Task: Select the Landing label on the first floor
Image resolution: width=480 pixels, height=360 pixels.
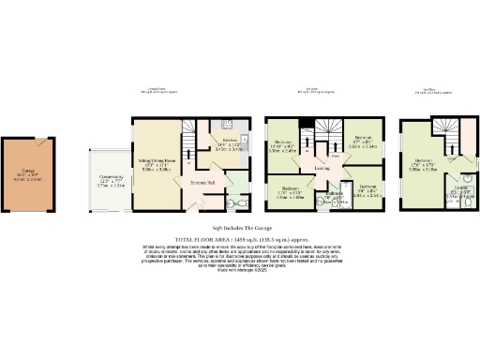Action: [322, 168]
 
